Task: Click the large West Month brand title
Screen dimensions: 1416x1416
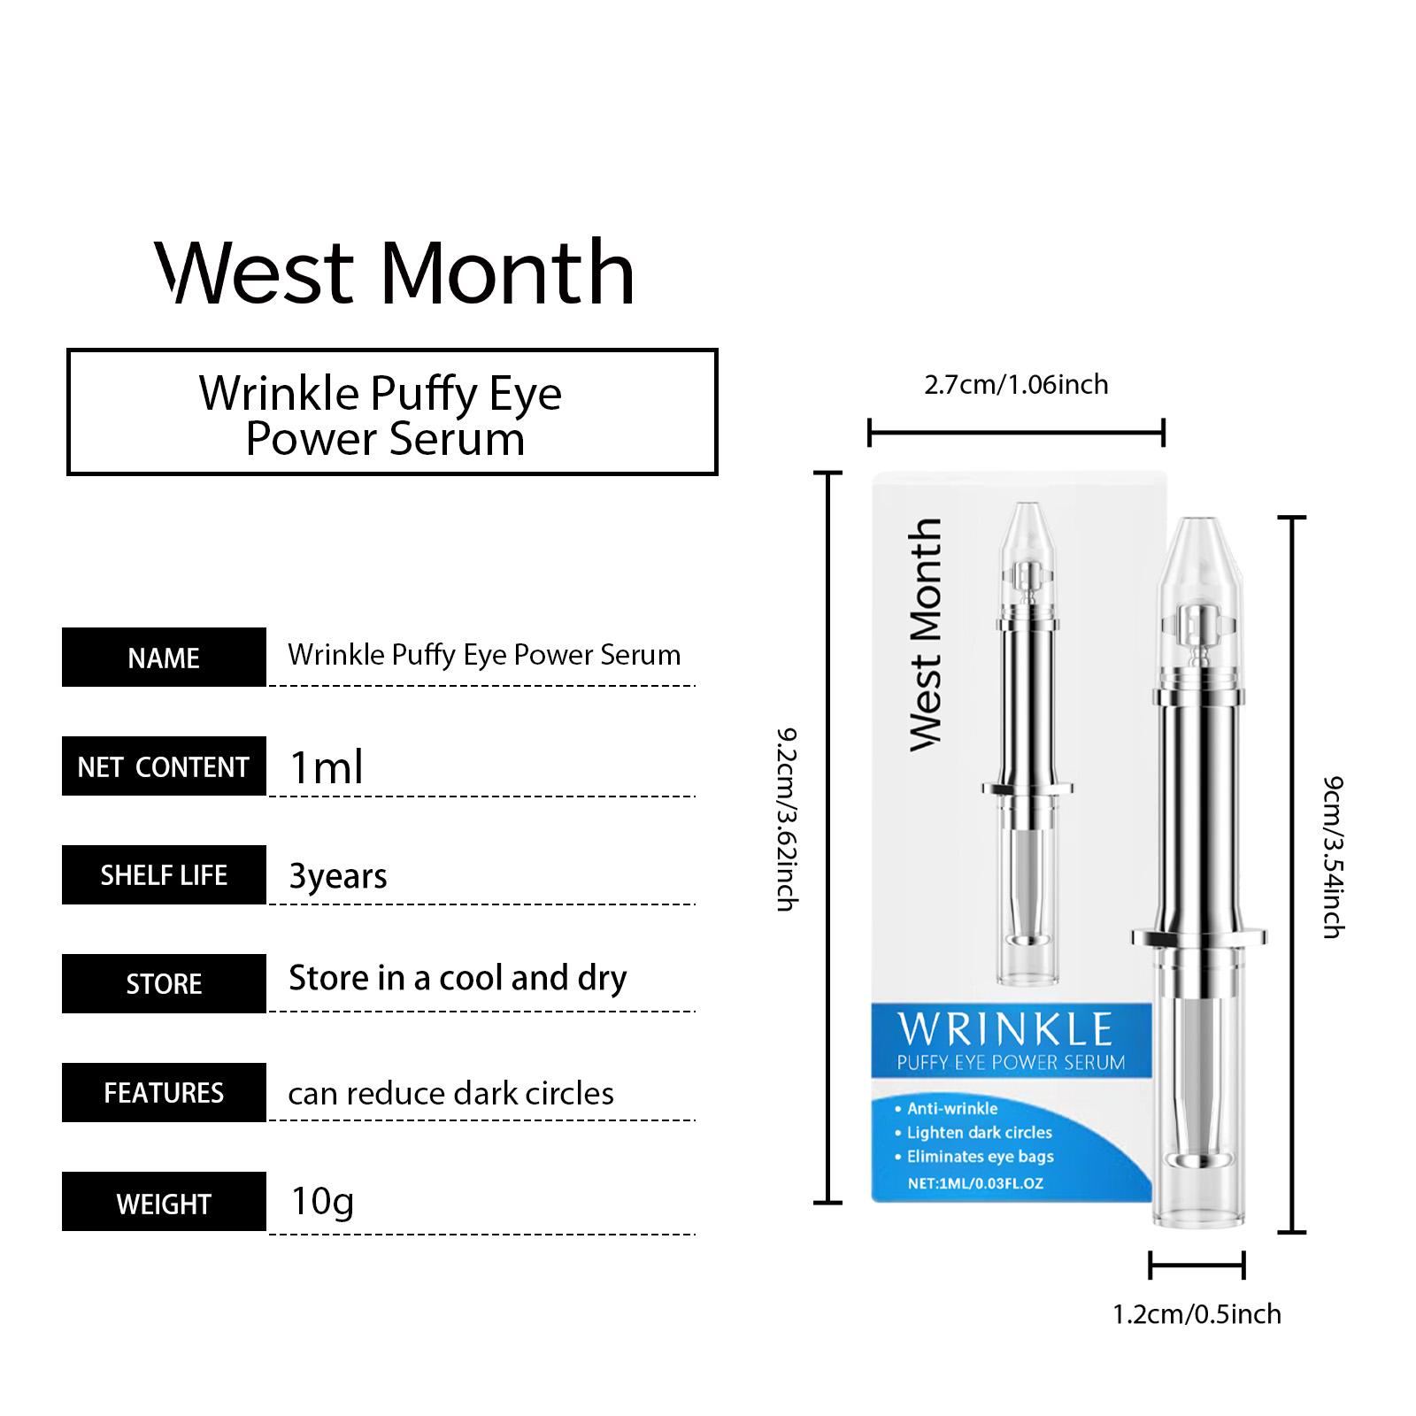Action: pyautogui.click(x=395, y=271)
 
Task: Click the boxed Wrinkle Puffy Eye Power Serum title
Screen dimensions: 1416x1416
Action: pyautogui.click(x=381, y=415)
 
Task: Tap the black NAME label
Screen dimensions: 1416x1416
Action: pyautogui.click(x=164, y=658)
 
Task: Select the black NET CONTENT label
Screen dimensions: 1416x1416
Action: pyautogui.click(x=164, y=766)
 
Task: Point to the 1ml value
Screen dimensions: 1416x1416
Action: pyautogui.click(x=327, y=767)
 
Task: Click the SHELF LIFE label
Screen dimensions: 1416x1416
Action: pyautogui.click(x=164, y=875)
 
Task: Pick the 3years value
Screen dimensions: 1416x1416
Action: pyautogui.click(x=338, y=876)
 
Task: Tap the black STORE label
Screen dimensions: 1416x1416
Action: pyautogui.click(x=164, y=983)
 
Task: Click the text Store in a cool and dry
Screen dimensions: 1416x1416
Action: pyautogui.click(x=458, y=978)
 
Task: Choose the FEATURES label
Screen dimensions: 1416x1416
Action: pyautogui.click(x=164, y=1093)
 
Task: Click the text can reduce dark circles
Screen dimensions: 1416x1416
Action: pyautogui.click(x=450, y=1093)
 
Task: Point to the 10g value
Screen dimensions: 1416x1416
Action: pyautogui.click(x=322, y=1202)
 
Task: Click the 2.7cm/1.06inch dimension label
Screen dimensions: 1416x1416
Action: pyautogui.click(x=1016, y=384)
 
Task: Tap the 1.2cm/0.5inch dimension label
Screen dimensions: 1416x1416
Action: pyautogui.click(x=1197, y=1314)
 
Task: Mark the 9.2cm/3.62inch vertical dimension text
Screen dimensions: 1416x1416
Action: pyautogui.click(x=788, y=820)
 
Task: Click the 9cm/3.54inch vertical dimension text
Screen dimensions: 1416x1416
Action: pyautogui.click(x=1333, y=857)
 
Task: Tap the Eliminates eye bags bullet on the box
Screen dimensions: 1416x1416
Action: pyautogui.click(x=980, y=1157)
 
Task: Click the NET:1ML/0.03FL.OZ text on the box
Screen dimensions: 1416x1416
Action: pyautogui.click(x=976, y=1183)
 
